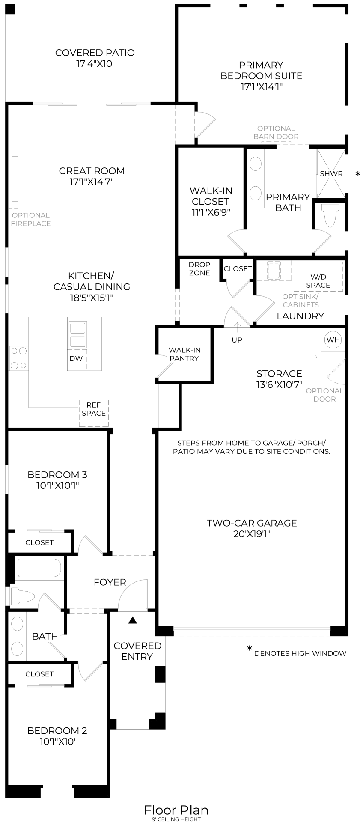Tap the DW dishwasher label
(x=76, y=359)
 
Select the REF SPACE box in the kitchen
(x=93, y=409)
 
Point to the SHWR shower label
(x=331, y=174)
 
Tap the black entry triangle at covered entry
(x=133, y=619)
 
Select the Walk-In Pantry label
(x=184, y=354)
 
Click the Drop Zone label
(x=199, y=269)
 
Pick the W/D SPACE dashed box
(x=318, y=281)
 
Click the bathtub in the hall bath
(x=39, y=568)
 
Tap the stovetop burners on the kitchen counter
(x=18, y=358)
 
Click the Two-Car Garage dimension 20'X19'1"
(x=251, y=534)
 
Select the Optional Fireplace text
(x=30, y=219)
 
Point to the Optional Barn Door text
(x=276, y=132)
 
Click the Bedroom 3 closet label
(x=39, y=542)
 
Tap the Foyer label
(x=110, y=582)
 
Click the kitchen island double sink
(x=77, y=335)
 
